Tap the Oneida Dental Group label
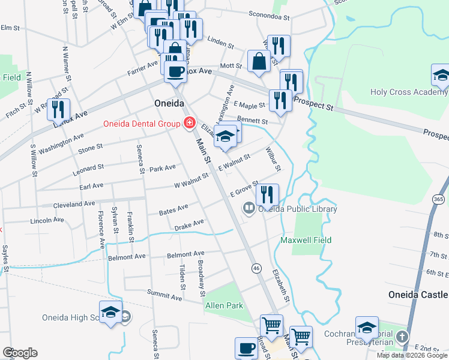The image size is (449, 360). click(x=142, y=124)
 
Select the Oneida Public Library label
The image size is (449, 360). click(x=297, y=209)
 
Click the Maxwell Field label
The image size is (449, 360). click(x=306, y=240)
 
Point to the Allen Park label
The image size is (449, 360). click(x=224, y=305)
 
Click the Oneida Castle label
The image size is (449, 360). click(x=418, y=295)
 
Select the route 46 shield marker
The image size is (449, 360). click(x=256, y=267)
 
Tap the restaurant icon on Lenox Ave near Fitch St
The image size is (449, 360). click(x=58, y=109)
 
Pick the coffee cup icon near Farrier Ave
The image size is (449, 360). click(x=175, y=72)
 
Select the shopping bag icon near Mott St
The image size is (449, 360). click(x=259, y=61)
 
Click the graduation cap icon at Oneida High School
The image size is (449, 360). click(x=110, y=312)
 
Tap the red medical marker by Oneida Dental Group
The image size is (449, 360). click(x=190, y=124)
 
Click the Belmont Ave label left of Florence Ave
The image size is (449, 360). click(x=127, y=257)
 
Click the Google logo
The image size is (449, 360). click(x=20, y=353)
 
